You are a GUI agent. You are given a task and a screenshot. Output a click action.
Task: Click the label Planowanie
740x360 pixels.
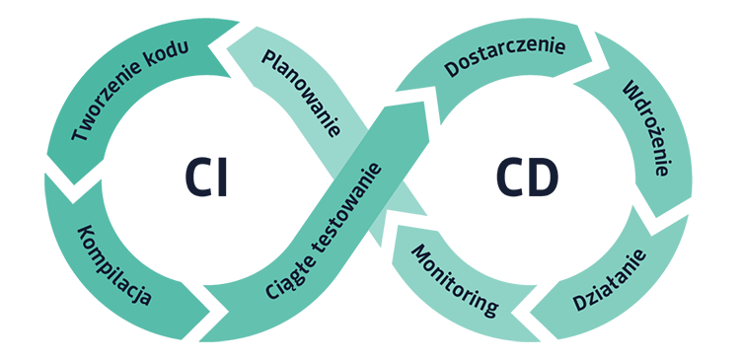click(301, 95)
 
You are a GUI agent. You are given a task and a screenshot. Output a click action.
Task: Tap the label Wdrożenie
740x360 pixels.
click(645, 129)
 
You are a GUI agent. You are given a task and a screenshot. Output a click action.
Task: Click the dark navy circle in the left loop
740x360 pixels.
click(210, 178)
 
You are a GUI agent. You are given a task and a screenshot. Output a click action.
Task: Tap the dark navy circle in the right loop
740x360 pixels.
click(523, 178)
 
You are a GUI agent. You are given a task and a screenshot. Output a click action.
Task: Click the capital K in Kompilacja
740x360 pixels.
click(83, 235)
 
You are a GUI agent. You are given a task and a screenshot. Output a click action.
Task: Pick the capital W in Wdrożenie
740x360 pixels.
click(629, 93)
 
